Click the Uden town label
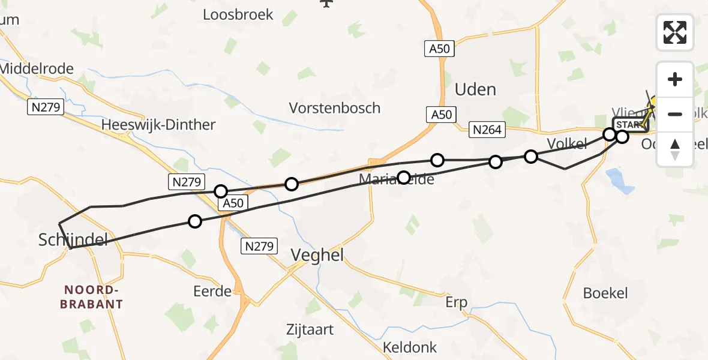click(x=475, y=90)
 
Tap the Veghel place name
click(x=317, y=256)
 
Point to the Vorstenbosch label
click(x=334, y=108)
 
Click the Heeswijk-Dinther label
click(x=158, y=125)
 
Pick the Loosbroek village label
click(x=238, y=14)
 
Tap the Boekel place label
click(x=605, y=293)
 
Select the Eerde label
click(x=212, y=292)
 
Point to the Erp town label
click(x=457, y=302)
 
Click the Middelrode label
click(x=37, y=68)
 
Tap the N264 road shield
click(x=487, y=129)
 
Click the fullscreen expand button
click(x=675, y=32)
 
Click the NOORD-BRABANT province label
click(x=91, y=297)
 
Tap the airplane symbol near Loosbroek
click(x=326, y=3)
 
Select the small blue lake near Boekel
click(x=620, y=181)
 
